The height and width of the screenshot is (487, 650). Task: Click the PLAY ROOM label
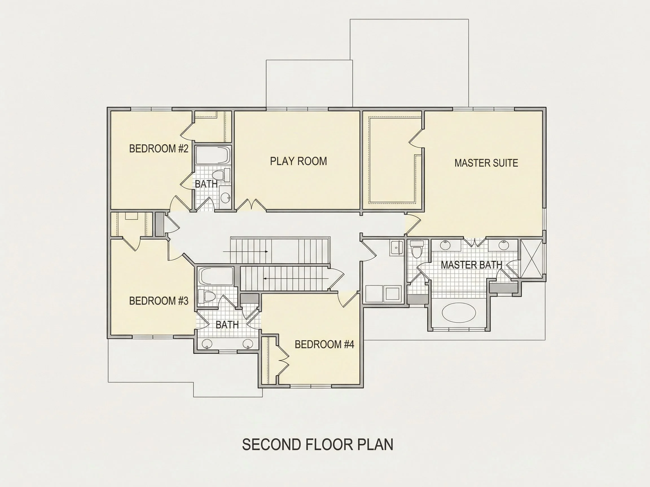point(298,161)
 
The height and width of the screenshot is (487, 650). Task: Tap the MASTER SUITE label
point(486,163)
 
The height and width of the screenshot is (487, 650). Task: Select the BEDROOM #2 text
point(159,149)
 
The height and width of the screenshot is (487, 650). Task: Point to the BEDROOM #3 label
point(159,301)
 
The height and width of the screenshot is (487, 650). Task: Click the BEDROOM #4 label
point(324,344)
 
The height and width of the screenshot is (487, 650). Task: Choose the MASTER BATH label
point(471,265)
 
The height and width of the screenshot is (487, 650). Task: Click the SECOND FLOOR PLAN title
point(318,444)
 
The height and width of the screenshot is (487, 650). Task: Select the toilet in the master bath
point(417,249)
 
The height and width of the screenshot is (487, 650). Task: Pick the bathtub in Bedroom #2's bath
point(213,156)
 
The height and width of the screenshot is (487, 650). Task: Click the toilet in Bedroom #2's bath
point(221,175)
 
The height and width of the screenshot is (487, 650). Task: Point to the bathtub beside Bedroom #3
point(216,276)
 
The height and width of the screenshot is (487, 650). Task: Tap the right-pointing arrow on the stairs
point(245,252)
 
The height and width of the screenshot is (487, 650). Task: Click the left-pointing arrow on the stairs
point(296,278)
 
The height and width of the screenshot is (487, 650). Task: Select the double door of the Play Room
point(251,204)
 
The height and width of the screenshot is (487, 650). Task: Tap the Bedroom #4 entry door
point(348,299)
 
